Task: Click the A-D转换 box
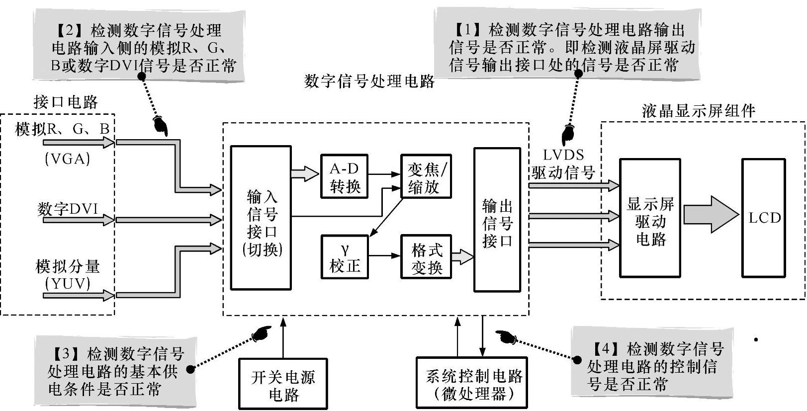(x=345, y=176)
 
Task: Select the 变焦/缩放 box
(x=427, y=176)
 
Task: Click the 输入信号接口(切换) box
(x=261, y=218)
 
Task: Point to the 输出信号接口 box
(x=497, y=219)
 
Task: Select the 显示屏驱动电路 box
(x=650, y=218)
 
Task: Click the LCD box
(x=764, y=218)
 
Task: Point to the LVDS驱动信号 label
(x=563, y=164)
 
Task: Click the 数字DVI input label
(x=68, y=209)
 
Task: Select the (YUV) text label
(x=68, y=284)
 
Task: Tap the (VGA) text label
(x=68, y=159)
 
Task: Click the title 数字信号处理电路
(x=369, y=81)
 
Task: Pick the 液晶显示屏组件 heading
(x=698, y=110)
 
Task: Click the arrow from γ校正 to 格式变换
(x=384, y=256)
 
